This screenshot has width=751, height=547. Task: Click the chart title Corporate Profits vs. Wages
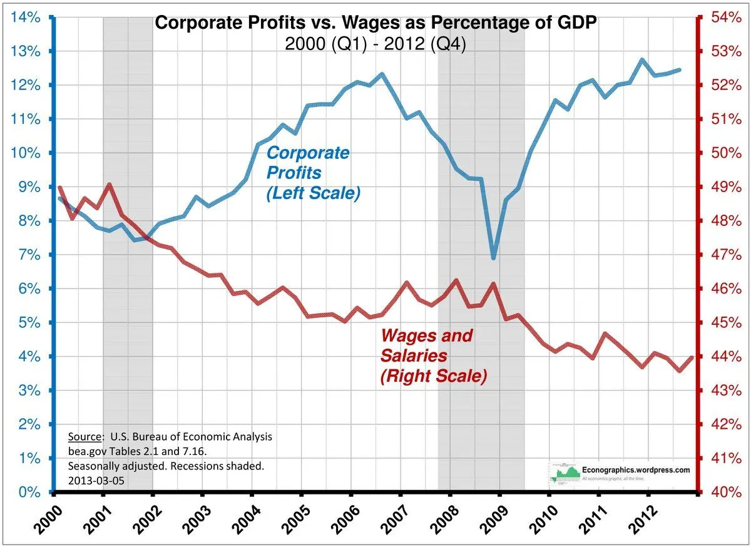point(375,23)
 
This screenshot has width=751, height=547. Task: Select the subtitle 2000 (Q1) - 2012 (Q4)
point(375,46)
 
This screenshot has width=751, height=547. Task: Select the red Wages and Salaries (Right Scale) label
point(433,356)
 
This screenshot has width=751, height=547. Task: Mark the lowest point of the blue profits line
point(494,257)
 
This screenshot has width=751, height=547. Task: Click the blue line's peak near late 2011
point(642,60)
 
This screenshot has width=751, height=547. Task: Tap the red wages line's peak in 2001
point(110,185)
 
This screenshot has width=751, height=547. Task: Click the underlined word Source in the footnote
point(86,437)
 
